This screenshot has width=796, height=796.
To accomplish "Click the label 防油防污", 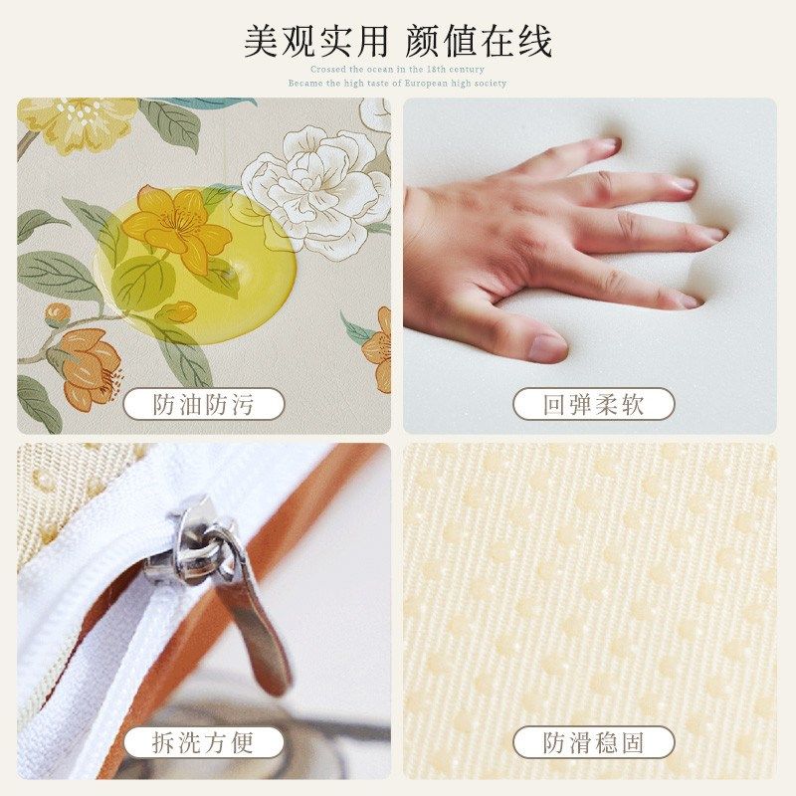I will coord(203,404).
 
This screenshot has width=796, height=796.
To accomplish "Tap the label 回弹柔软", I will coord(593,404).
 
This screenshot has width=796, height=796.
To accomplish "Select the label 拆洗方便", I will coord(203,742).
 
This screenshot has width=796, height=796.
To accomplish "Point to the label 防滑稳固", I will coord(593,742).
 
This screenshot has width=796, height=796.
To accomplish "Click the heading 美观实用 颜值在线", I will coord(398,41).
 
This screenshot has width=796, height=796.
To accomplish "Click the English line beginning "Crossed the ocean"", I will coord(398,70).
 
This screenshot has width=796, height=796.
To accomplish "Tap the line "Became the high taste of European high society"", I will coord(398,84).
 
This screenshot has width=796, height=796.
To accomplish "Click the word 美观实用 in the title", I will coord(315,41).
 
